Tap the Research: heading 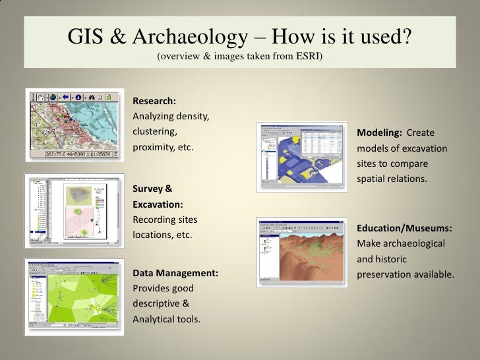[x=154, y=102]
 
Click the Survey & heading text [x=154, y=189]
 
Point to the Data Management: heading [x=175, y=272]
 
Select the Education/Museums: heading [x=404, y=228]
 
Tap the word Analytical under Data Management [x=156, y=320]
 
